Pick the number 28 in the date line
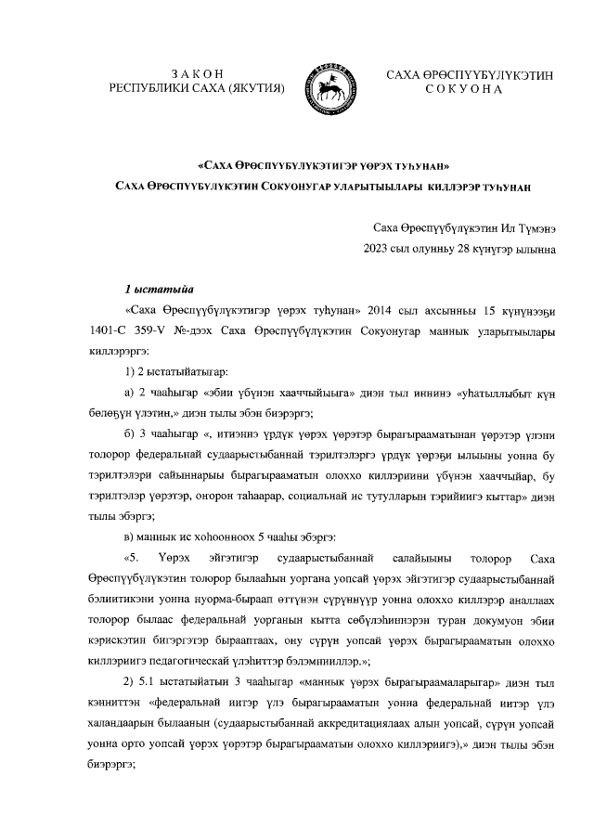pyautogui.click(x=470, y=248)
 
